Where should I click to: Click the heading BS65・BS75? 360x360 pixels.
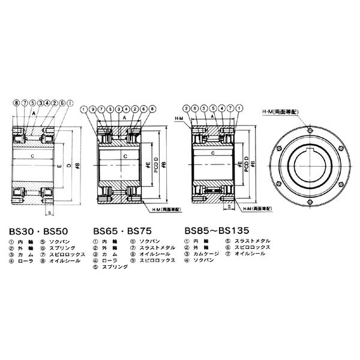click(118, 230)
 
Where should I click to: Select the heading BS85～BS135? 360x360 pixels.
click(212, 230)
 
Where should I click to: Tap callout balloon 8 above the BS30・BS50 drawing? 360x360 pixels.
click(16, 104)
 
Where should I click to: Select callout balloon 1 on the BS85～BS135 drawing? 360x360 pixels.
click(239, 109)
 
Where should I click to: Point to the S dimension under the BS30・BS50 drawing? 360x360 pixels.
click(47, 212)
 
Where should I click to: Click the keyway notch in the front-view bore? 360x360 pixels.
click(308, 146)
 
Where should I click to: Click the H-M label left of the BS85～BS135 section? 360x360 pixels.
click(178, 118)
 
